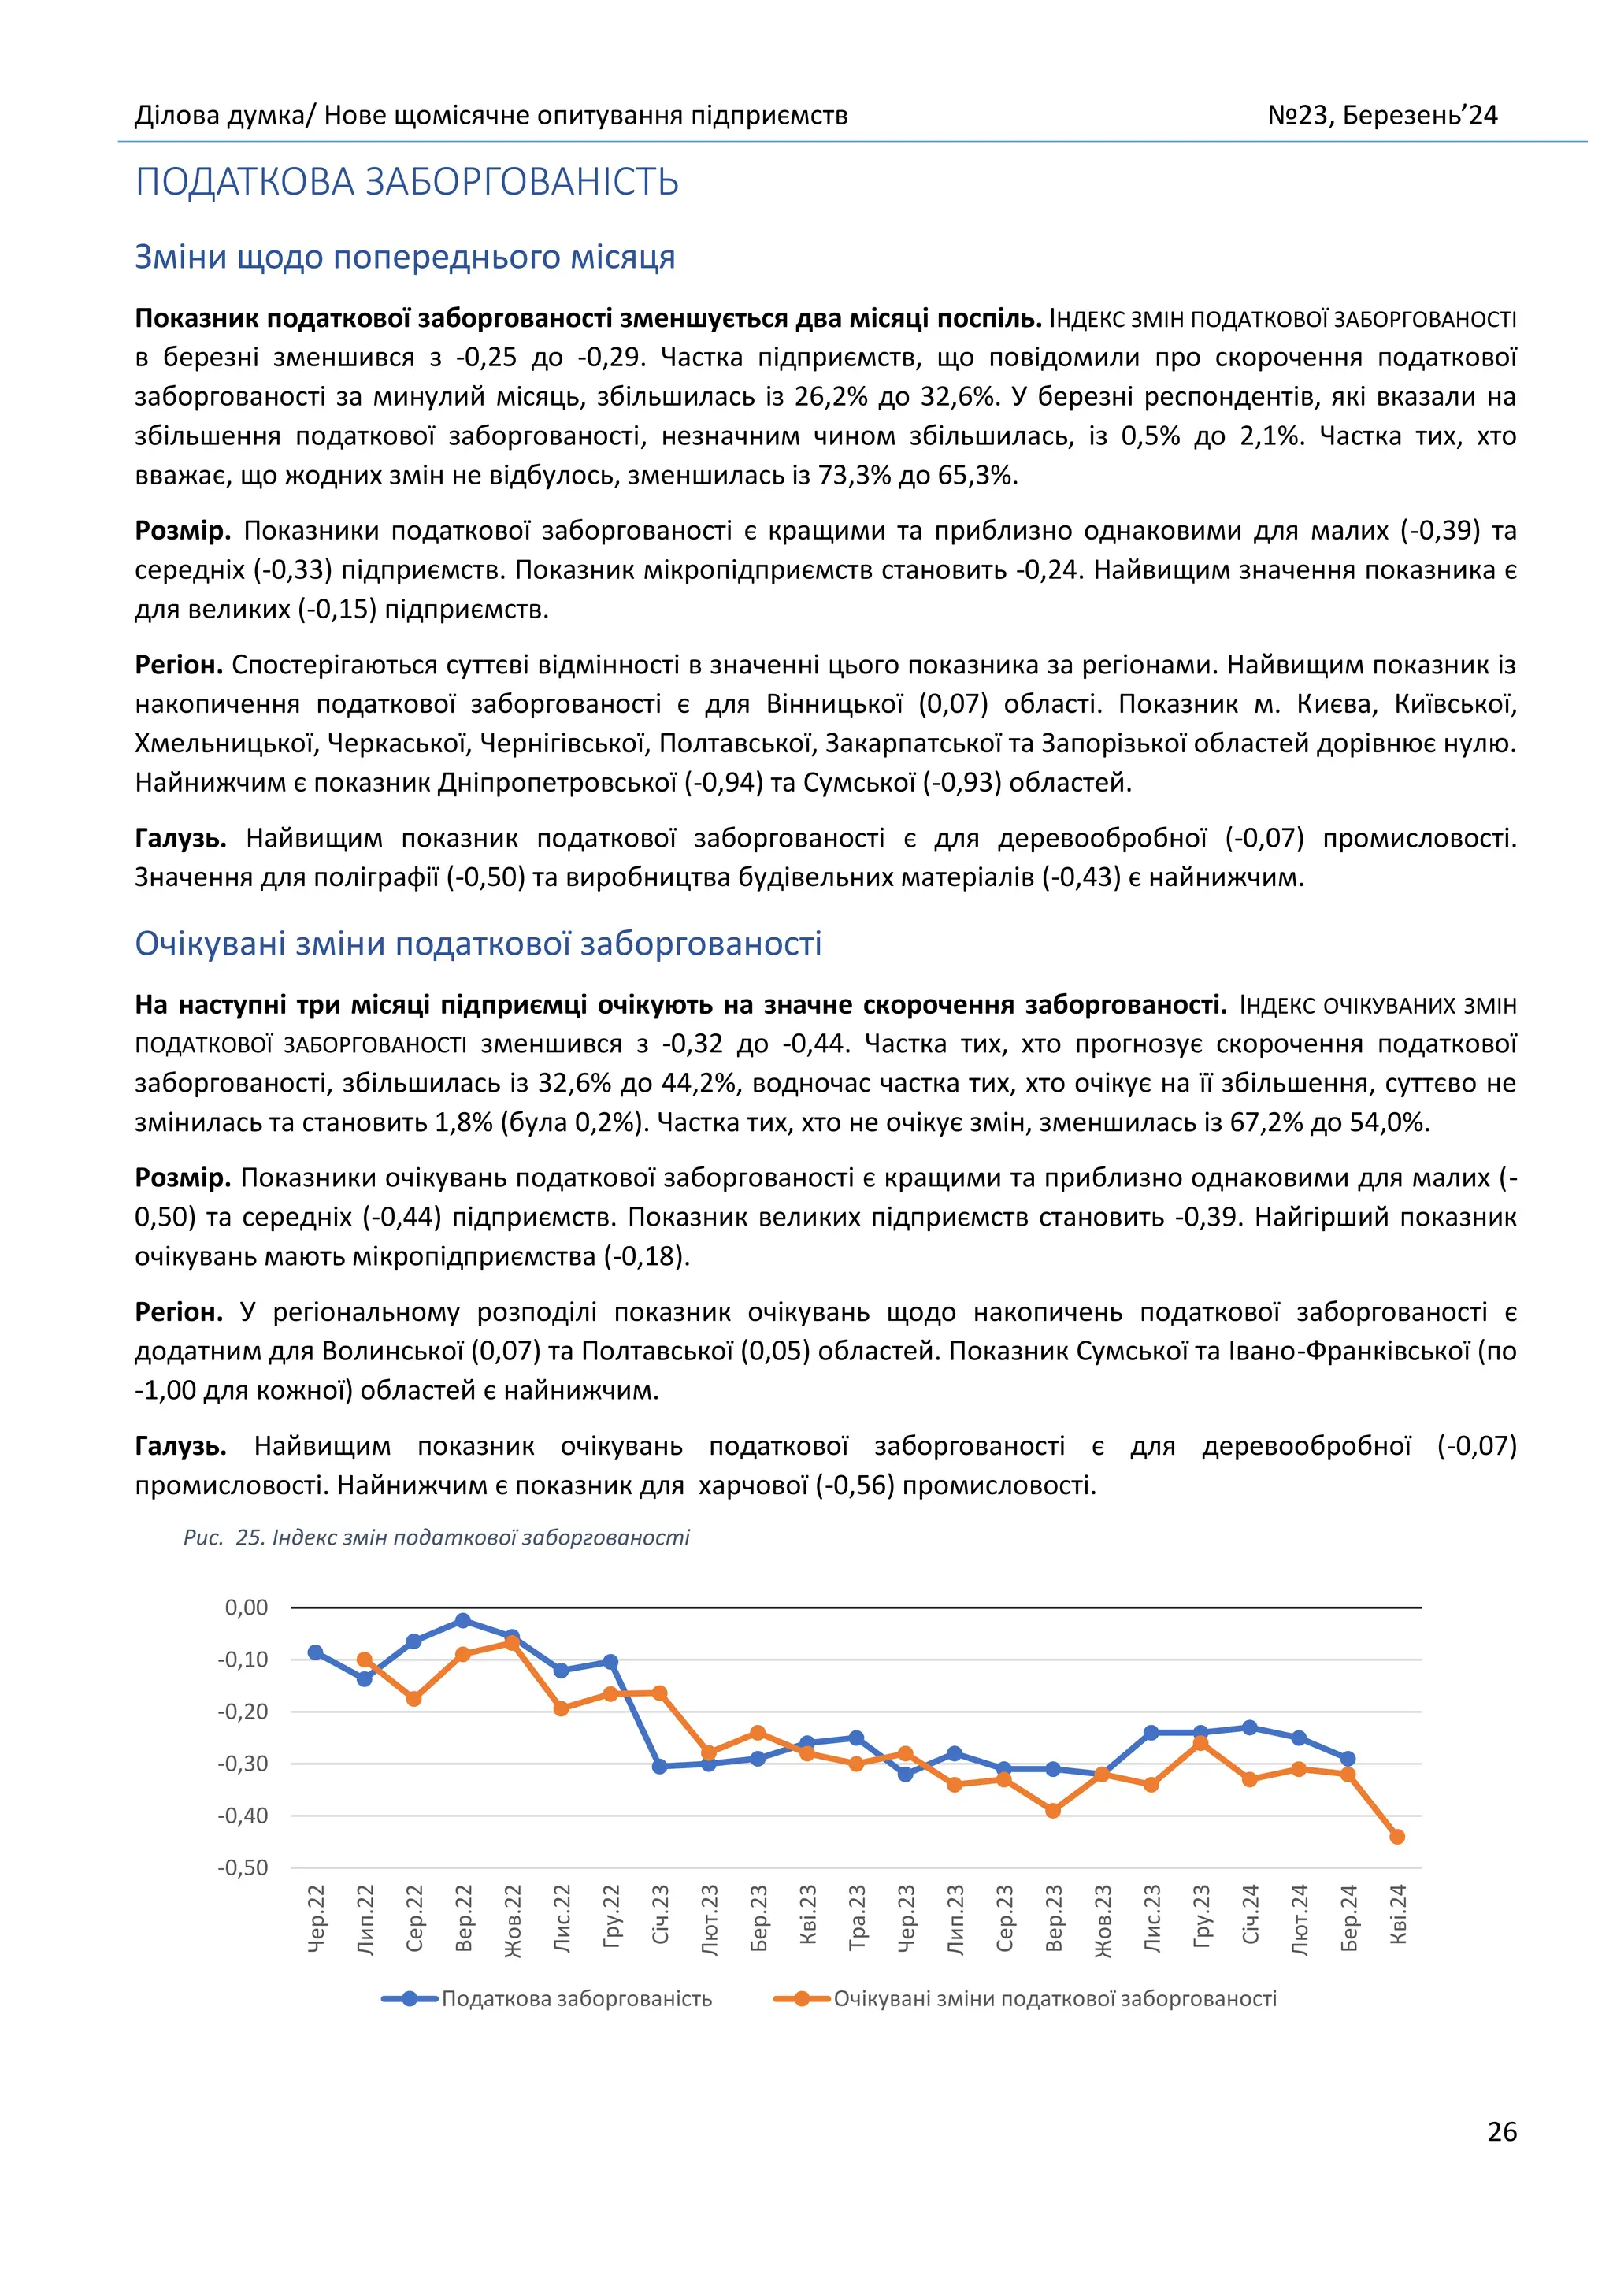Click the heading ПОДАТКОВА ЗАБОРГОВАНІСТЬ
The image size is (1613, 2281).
(x=407, y=183)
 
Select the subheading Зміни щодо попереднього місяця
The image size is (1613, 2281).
(x=406, y=258)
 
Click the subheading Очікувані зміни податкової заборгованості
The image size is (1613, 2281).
(x=478, y=944)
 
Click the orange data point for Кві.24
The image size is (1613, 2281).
(x=1396, y=1837)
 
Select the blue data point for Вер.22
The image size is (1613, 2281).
(x=463, y=1620)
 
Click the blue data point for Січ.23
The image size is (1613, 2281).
(x=659, y=1767)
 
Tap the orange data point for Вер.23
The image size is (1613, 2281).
(x=1053, y=1811)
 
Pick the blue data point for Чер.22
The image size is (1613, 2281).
(x=316, y=1652)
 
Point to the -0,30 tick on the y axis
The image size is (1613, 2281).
(x=243, y=1764)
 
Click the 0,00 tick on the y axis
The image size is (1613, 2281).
(x=247, y=1608)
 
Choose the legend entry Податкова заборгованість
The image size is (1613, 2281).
(x=576, y=1998)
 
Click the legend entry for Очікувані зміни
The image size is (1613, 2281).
(x=1054, y=1998)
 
